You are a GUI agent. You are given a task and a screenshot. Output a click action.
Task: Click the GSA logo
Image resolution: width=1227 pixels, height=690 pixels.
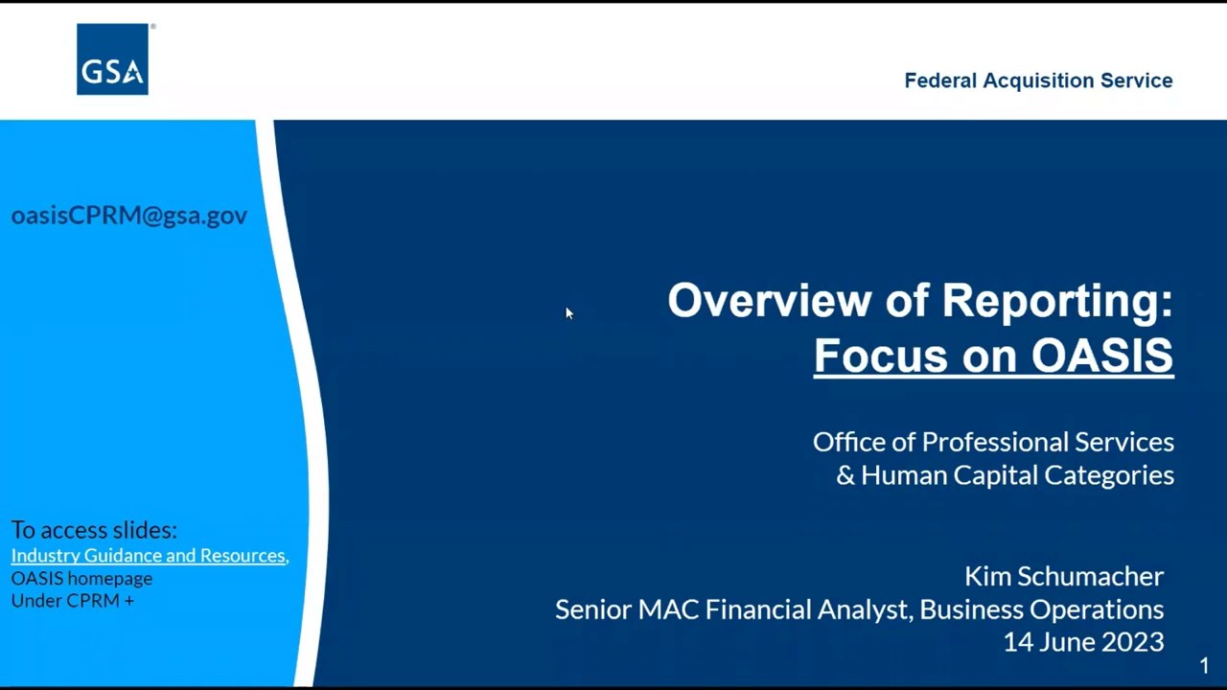(x=112, y=59)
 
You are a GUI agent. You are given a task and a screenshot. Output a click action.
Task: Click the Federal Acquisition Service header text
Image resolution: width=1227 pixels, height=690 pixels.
(x=1038, y=80)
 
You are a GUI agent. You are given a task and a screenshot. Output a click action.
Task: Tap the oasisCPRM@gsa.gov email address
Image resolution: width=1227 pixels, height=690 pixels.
(x=129, y=215)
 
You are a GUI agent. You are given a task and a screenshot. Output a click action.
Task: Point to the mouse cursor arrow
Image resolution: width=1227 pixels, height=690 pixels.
(x=567, y=312)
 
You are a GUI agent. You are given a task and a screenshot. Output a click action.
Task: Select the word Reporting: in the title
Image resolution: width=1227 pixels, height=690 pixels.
(x=1056, y=300)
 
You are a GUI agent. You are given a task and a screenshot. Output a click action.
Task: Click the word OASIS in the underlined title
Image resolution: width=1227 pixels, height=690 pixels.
(x=1101, y=355)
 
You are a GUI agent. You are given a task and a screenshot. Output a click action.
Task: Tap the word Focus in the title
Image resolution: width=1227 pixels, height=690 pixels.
(x=868, y=355)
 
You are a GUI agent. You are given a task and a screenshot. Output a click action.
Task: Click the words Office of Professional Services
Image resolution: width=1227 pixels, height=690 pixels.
(x=993, y=442)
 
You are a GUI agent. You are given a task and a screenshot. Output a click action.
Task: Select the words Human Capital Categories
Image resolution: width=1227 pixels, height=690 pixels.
(x=1017, y=475)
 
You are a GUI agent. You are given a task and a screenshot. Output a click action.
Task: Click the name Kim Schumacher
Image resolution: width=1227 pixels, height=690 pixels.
(x=1063, y=576)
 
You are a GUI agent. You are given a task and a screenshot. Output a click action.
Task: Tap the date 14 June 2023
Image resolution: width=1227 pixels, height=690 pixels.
(x=1083, y=642)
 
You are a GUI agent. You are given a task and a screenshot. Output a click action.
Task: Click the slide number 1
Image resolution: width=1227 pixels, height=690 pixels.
(x=1204, y=666)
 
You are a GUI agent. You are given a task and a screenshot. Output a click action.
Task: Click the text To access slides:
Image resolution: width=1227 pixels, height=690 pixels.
(x=94, y=530)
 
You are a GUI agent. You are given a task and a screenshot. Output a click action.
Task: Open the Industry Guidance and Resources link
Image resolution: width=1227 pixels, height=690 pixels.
(x=149, y=556)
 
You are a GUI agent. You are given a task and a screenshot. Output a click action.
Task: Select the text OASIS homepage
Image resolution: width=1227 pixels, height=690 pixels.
(x=81, y=579)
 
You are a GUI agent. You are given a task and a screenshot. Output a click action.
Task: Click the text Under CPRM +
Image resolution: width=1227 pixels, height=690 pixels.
(x=72, y=601)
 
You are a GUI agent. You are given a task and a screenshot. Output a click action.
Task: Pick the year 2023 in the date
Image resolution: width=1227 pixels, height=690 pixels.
(x=1136, y=642)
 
